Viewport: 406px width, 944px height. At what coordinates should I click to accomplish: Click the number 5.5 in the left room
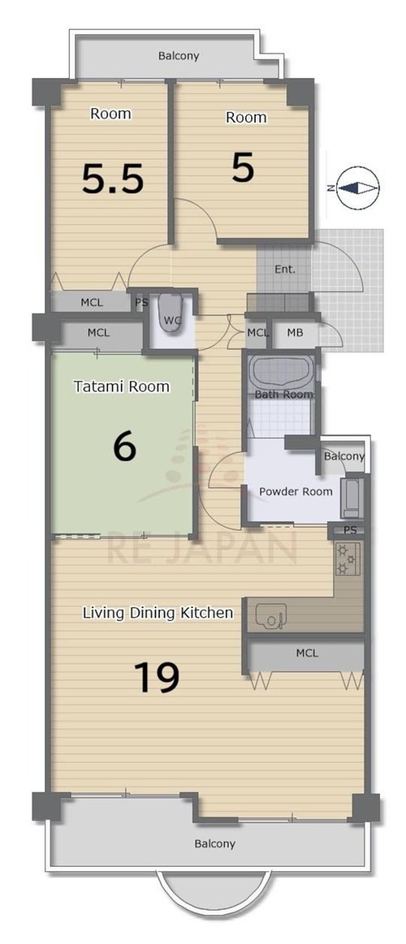click(x=113, y=179)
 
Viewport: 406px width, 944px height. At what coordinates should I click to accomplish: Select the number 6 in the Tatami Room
click(x=125, y=447)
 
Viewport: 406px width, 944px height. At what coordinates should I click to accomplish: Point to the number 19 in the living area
click(x=157, y=677)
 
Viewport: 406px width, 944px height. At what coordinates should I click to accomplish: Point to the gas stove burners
click(x=348, y=558)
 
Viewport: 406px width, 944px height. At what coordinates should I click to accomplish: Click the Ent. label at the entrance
click(x=285, y=269)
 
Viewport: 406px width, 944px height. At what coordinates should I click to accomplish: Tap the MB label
click(x=295, y=332)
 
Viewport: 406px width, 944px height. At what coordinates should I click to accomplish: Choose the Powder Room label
click(x=296, y=491)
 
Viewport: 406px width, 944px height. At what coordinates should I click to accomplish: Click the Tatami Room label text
click(x=122, y=386)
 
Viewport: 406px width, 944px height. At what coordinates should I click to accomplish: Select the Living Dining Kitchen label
click(x=158, y=614)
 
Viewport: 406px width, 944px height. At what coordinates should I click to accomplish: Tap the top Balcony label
click(x=179, y=56)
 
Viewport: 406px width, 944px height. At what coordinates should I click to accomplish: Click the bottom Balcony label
click(x=214, y=843)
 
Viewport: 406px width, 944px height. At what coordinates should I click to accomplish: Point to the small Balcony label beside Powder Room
click(x=344, y=456)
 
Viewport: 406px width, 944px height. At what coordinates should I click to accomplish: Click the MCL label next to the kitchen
click(x=307, y=653)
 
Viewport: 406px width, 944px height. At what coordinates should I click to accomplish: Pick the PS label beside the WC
click(x=141, y=303)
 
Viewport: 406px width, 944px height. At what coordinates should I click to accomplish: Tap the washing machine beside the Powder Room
click(x=351, y=498)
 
